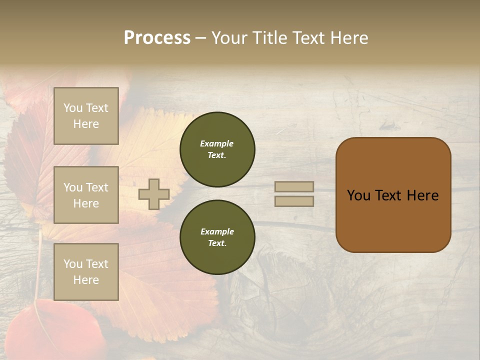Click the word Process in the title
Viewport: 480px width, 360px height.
pos(157,38)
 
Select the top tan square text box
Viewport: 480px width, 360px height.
pos(86,116)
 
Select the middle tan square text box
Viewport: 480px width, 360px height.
pos(86,195)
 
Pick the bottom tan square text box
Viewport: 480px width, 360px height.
pos(86,272)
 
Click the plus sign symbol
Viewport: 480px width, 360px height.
pos(154,194)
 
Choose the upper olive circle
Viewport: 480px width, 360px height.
pos(217,149)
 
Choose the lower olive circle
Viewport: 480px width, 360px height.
pos(217,237)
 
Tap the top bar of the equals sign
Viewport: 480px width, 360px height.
pos(294,186)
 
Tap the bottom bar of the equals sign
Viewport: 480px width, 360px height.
pos(294,201)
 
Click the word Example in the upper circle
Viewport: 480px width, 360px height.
pos(216,143)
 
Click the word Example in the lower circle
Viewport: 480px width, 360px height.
pos(217,231)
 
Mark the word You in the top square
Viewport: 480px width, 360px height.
pos(72,108)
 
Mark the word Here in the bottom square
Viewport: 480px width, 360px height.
pos(86,280)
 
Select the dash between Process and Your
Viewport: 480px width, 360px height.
pos(200,38)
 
